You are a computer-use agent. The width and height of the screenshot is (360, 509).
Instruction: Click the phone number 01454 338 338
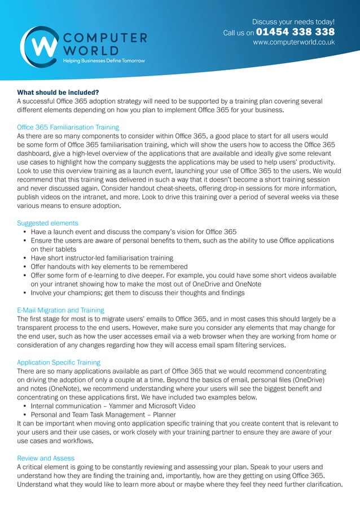(295, 32)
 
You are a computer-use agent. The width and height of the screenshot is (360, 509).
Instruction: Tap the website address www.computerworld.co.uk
(293, 42)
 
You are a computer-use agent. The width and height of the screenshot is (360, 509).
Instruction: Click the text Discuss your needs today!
(293, 21)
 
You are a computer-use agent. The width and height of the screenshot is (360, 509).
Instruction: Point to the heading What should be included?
(58, 93)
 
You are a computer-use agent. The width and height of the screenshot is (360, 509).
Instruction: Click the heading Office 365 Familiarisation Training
(68, 128)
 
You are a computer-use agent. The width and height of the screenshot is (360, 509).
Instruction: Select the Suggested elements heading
(47, 223)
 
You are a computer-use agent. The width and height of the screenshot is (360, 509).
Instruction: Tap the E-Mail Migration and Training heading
(60, 310)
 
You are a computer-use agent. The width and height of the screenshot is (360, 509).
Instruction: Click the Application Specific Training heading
(59, 362)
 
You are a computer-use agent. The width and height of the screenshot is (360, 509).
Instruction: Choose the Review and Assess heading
(46, 458)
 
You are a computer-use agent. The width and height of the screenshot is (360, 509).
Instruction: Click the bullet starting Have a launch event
(133, 232)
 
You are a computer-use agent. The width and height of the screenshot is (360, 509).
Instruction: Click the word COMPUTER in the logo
(105, 38)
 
